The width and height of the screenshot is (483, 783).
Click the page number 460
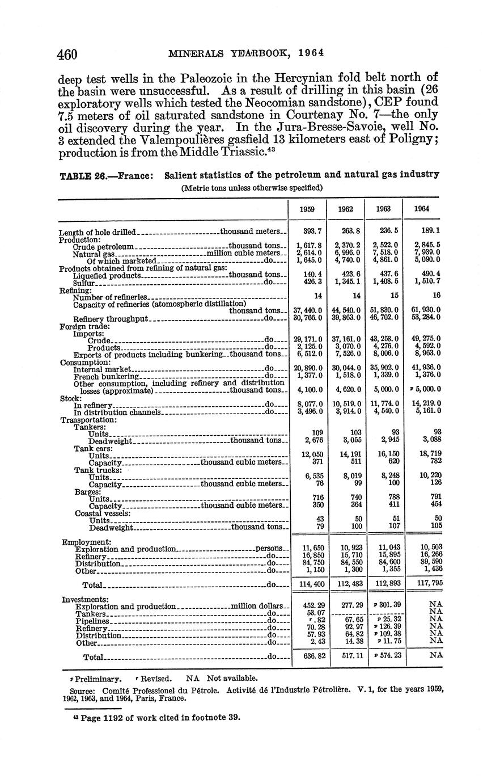coord(66,54)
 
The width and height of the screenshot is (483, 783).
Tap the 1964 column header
coord(421,208)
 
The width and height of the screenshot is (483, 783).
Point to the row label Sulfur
coord(84,282)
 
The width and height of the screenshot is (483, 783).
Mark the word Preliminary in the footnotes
coord(98,678)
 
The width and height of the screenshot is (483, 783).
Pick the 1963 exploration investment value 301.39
coord(387,606)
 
